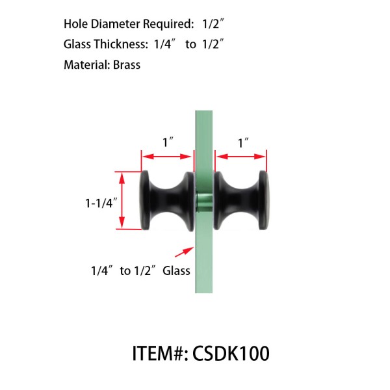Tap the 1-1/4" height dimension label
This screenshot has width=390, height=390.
99,202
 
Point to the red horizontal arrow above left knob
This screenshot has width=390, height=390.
168,157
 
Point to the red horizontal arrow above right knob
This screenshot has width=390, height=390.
242,157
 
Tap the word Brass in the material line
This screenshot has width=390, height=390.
126,65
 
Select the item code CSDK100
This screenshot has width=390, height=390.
231,354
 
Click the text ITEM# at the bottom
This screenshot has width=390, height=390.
158,354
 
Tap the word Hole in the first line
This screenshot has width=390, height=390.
75,24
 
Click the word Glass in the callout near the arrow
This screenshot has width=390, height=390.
177,270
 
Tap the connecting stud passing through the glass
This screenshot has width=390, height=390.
204,201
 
